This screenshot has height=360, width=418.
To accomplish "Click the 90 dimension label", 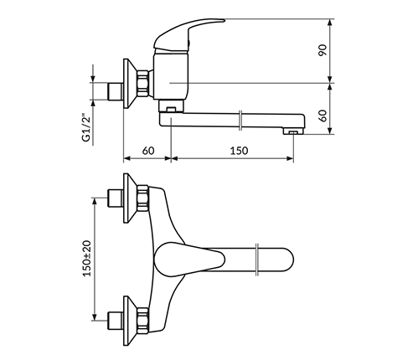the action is (323, 50).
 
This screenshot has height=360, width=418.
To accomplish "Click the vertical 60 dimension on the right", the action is (323, 116).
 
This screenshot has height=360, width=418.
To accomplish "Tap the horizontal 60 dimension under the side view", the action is (148, 151).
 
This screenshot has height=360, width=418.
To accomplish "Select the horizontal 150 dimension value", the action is (239, 151).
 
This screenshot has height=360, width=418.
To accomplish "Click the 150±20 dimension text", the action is (87, 259).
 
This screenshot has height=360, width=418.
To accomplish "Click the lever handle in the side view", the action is (187, 34).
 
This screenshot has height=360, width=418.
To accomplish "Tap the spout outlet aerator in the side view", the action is (293, 131).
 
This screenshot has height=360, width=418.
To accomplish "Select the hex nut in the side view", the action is (142, 84).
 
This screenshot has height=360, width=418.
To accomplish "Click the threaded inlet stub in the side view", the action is (115, 91).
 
